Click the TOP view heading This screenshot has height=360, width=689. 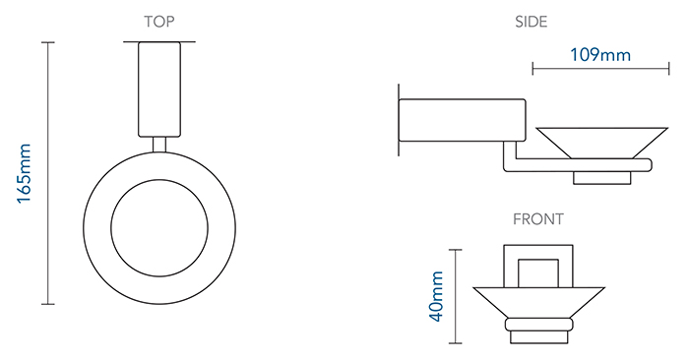coord(159,22)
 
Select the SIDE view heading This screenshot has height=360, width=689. coord(532,22)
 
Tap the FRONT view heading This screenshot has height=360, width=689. coord(538,219)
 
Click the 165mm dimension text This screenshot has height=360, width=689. coord(25,173)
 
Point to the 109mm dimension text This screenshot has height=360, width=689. coord(600,55)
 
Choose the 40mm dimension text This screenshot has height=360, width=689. coord(437,296)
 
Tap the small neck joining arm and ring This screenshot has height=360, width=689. coord(159,145)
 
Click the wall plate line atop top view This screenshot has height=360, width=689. coord(159,42)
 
